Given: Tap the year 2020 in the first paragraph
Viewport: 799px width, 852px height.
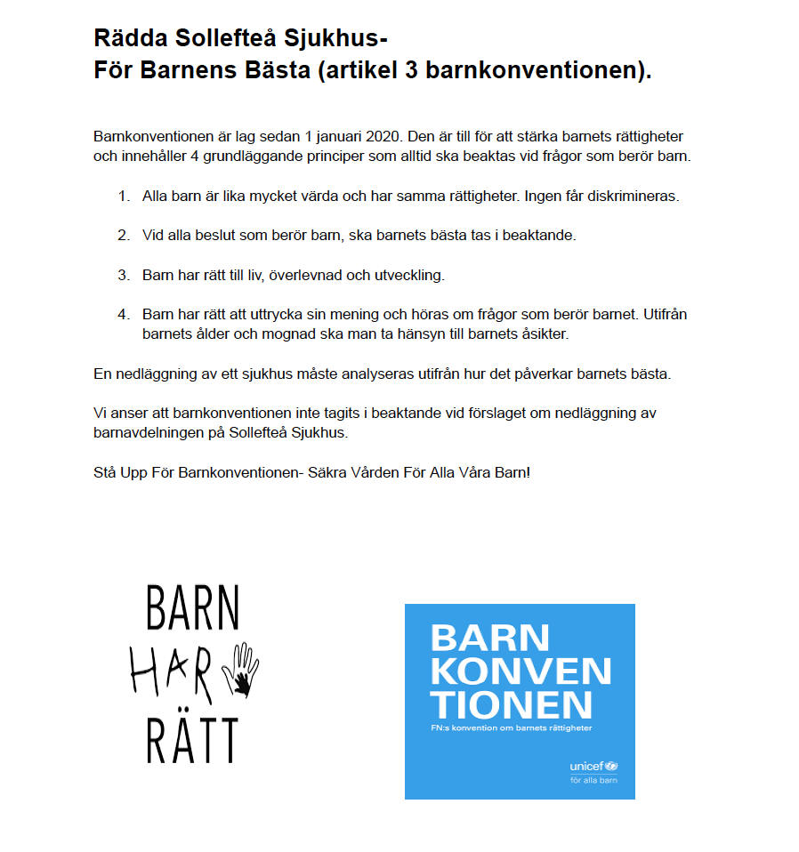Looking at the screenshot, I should [383, 138].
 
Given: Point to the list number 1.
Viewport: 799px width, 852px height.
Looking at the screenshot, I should [124, 196].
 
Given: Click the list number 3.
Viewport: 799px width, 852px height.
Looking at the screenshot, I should [124, 275].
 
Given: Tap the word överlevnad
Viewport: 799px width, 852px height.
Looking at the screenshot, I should [307, 275].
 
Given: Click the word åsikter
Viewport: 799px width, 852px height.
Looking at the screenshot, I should [538, 334].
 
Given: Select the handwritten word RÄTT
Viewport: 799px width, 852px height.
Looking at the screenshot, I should [191, 738].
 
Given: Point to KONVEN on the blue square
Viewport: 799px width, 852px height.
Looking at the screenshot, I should [521, 671].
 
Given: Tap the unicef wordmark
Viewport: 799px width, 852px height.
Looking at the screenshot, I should [587, 766].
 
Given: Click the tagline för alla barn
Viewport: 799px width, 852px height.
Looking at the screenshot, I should [593, 781].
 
